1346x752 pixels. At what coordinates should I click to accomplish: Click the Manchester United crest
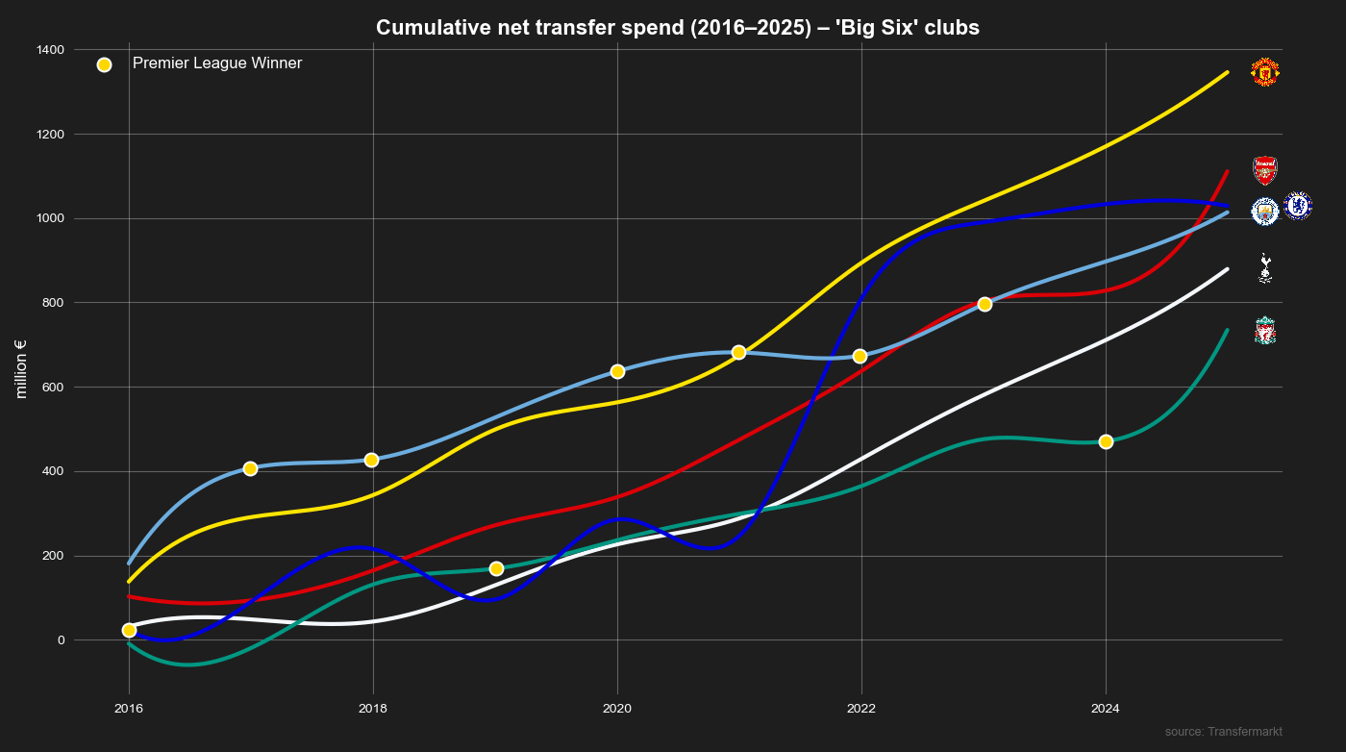pyautogui.click(x=1265, y=72)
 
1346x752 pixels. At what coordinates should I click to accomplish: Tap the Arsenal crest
pyautogui.click(x=1265, y=170)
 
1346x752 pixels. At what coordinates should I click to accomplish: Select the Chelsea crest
pyautogui.click(x=1298, y=206)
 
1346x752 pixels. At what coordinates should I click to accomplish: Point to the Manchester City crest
pyautogui.click(x=1265, y=211)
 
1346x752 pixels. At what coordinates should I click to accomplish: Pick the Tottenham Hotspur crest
pyautogui.click(x=1265, y=268)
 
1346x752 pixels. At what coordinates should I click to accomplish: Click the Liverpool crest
pyautogui.click(x=1265, y=331)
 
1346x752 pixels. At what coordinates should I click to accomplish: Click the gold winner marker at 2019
pyautogui.click(x=496, y=569)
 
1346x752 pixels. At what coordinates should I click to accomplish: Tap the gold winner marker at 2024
pyautogui.click(x=1106, y=441)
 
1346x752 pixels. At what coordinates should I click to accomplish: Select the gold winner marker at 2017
pyautogui.click(x=250, y=468)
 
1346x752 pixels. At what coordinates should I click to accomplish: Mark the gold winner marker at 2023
pyautogui.click(x=985, y=304)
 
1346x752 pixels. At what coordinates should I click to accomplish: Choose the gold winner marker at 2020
pyautogui.click(x=617, y=371)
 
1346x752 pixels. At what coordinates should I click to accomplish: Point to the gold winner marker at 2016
pyautogui.click(x=129, y=630)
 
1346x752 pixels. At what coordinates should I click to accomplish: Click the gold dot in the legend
pyautogui.click(x=104, y=64)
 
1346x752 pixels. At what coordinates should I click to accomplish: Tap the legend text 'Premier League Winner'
pyautogui.click(x=217, y=63)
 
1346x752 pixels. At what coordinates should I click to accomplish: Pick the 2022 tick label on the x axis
pyautogui.click(x=861, y=709)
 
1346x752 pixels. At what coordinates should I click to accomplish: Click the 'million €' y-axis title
pyautogui.click(x=20, y=369)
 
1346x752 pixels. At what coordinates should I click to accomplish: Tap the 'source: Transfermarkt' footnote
pyautogui.click(x=1223, y=732)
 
